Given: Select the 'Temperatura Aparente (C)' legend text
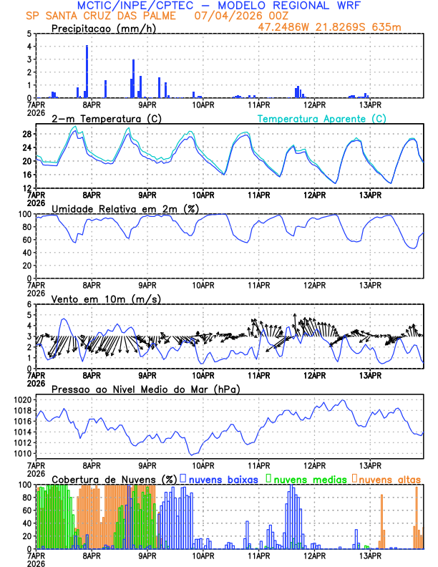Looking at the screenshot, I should [321, 118].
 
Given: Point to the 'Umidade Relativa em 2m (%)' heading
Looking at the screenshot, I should [124, 208].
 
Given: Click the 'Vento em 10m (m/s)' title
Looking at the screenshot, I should [96, 299].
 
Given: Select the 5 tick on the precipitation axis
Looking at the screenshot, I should [28, 34].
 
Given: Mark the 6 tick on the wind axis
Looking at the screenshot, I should [28, 304].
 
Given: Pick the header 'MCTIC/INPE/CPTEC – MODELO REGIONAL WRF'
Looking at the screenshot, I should [219, 5].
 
